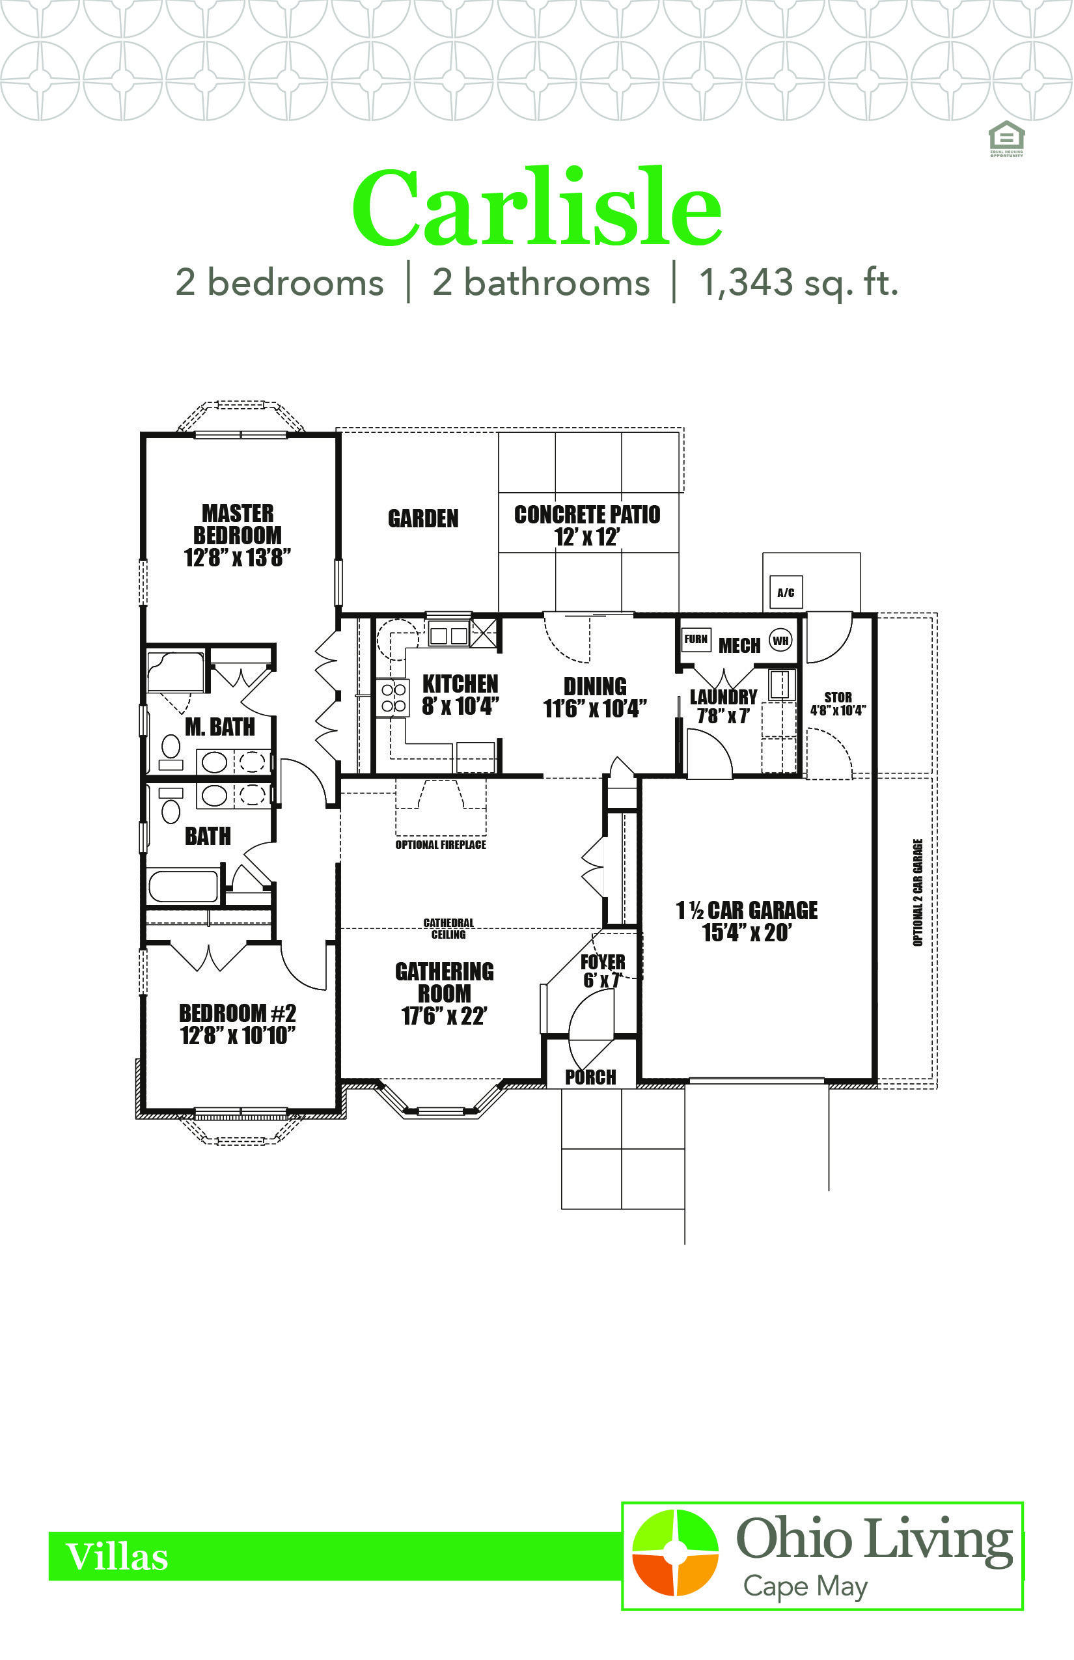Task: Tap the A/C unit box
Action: click(x=786, y=592)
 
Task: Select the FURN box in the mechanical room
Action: click(x=696, y=639)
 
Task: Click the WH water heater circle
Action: click(x=780, y=641)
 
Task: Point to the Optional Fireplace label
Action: click(x=441, y=845)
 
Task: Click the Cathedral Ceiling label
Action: click(x=448, y=928)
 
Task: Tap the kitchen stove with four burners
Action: click(x=393, y=697)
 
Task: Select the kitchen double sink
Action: click(x=448, y=635)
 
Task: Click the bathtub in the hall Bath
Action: click(x=184, y=886)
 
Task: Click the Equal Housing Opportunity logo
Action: click(x=1006, y=138)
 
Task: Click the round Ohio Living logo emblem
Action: click(x=675, y=1553)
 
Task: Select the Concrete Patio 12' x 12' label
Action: click(x=587, y=526)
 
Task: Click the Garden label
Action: click(x=423, y=518)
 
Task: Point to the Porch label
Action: click(x=591, y=1077)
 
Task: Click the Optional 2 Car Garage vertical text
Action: click(x=918, y=892)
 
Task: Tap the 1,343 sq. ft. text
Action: click(x=799, y=283)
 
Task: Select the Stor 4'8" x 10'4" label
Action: click(x=838, y=703)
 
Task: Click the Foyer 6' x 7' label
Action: click(x=603, y=971)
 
